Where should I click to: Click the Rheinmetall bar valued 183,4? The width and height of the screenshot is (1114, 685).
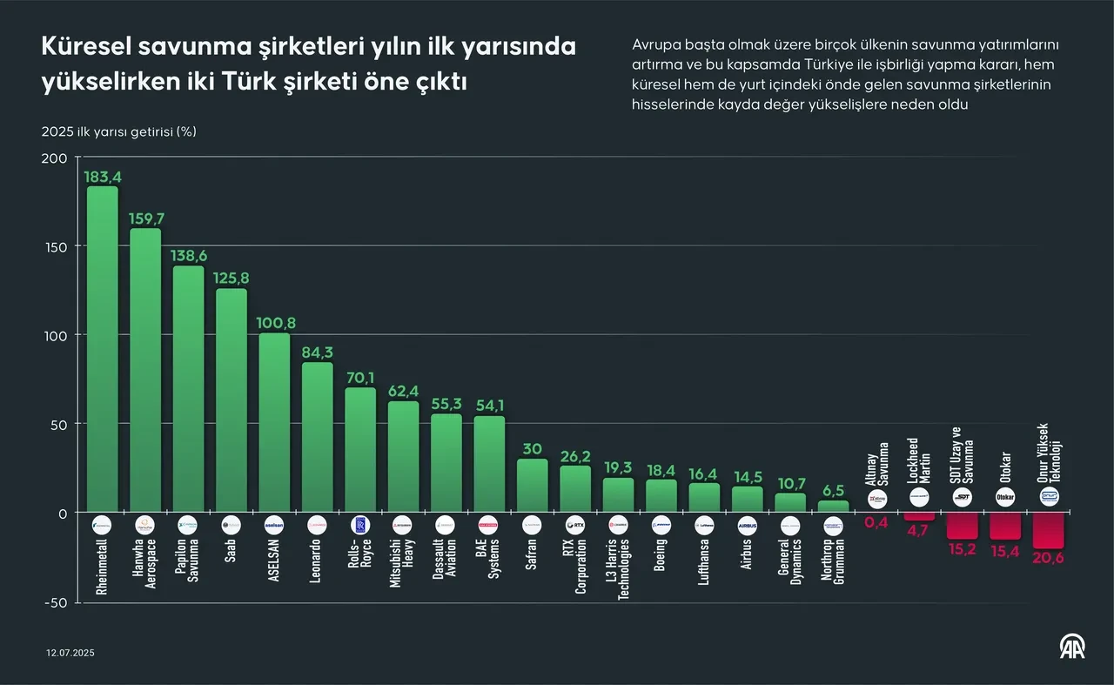pyautogui.click(x=102, y=348)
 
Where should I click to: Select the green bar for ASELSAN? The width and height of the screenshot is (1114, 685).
pyautogui.click(x=274, y=422)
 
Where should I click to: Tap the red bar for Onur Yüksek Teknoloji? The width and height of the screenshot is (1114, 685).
pyautogui.click(x=1048, y=530)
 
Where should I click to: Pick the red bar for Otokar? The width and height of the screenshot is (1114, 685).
pyautogui.click(x=1005, y=526)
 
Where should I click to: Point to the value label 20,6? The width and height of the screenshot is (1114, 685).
pyautogui.click(x=1048, y=559)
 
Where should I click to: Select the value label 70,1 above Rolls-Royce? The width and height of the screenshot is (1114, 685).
pyautogui.click(x=360, y=378)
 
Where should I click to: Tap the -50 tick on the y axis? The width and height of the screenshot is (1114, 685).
pyautogui.click(x=54, y=603)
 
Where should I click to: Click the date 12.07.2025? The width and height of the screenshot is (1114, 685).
pyautogui.click(x=70, y=652)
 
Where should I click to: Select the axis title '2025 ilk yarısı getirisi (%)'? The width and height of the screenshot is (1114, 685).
pyautogui.click(x=119, y=132)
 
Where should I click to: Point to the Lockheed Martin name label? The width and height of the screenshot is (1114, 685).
pyautogui.click(x=919, y=460)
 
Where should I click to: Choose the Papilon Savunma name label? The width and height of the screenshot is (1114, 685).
pyautogui.click(x=188, y=567)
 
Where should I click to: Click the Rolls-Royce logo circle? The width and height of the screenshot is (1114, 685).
pyautogui.click(x=360, y=526)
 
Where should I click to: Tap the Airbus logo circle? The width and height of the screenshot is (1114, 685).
pyautogui.click(x=747, y=526)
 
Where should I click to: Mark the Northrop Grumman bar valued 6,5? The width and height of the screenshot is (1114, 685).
pyautogui.click(x=833, y=507)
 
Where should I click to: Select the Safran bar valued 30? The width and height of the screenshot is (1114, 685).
pyautogui.click(x=532, y=486)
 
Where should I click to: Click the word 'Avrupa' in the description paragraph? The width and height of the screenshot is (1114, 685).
pyautogui.click(x=655, y=45)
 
